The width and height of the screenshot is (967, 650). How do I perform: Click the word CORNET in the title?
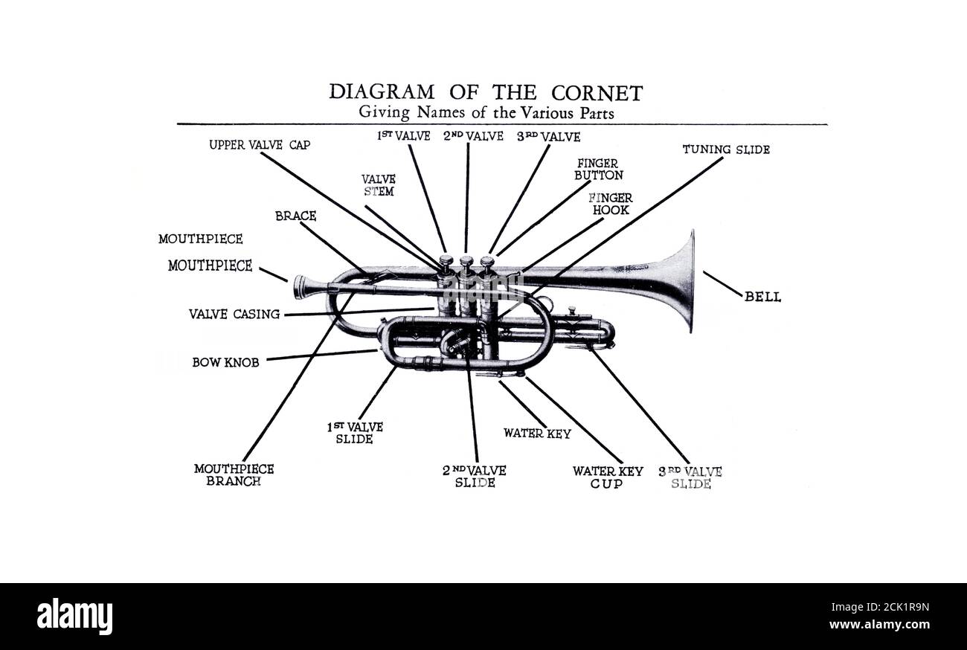(597, 93)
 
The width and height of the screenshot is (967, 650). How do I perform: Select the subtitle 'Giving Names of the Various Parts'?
(486, 112)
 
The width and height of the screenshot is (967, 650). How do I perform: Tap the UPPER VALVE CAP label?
(260, 145)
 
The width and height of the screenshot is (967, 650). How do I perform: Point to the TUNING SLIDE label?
(726, 149)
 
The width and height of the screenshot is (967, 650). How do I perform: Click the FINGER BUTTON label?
(598, 169)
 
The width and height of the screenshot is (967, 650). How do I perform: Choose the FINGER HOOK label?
(610, 204)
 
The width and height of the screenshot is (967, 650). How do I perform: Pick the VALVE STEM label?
(379, 185)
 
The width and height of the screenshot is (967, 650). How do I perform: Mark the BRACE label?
(295, 216)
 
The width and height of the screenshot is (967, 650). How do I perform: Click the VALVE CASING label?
(234, 315)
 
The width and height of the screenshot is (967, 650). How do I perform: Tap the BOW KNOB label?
(225, 363)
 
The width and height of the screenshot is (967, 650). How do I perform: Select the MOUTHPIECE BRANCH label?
(234, 474)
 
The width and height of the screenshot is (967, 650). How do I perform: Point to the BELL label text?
(762, 297)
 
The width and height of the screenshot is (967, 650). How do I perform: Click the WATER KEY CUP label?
(607, 477)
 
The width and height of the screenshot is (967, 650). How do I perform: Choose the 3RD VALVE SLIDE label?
(690, 477)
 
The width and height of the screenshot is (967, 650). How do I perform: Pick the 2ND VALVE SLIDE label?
(475, 477)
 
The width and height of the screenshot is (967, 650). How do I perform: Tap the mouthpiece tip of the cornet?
(299, 286)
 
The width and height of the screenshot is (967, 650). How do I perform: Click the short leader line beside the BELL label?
(722, 283)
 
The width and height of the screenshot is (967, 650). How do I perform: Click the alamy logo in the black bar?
(74, 617)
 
